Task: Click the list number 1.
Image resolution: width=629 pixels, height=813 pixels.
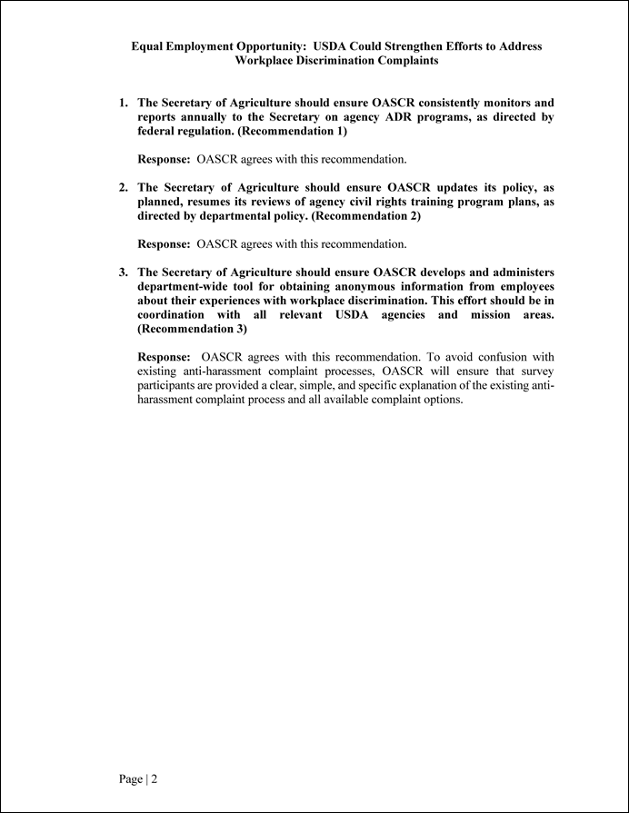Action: tap(123, 104)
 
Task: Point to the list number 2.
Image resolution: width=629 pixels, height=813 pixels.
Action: tap(123, 188)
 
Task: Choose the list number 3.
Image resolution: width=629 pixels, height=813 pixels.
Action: tap(123, 273)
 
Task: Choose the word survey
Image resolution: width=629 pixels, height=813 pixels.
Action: tap(536, 372)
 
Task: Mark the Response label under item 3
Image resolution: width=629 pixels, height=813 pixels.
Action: tap(164, 357)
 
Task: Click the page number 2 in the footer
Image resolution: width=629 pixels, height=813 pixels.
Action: tap(155, 779)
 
